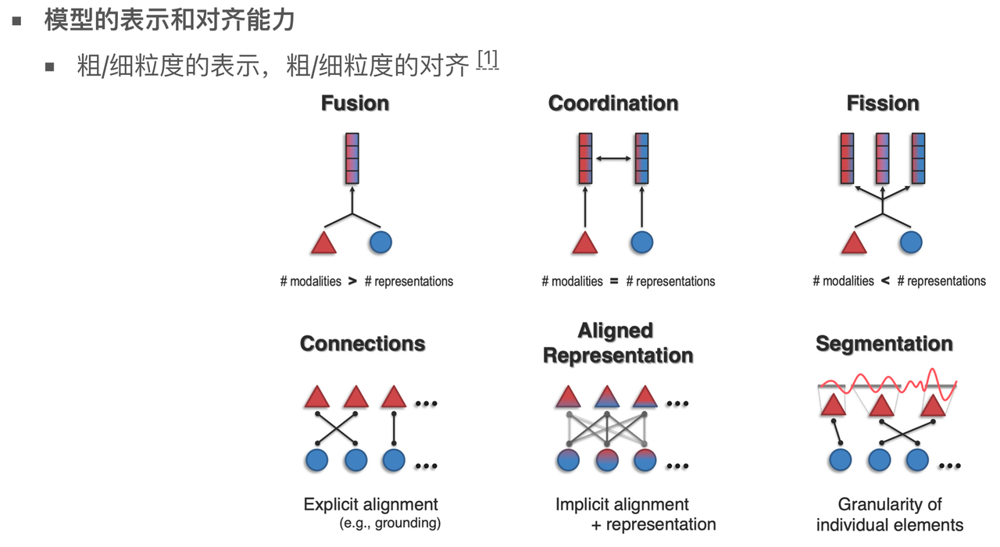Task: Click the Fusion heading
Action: click(x=355, y=103)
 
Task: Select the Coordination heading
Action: click(x=613, y=103)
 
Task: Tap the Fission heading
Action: click(x=883, y=103)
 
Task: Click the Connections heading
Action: click(x=362, y=344)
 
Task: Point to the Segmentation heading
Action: click(x=884, y=344)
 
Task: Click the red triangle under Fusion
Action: click(x=323, y=243)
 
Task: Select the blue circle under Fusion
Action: click(x=380, y=242)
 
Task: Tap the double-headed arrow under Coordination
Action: click(x=613, y=159)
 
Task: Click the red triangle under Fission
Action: click(x=854, y=243)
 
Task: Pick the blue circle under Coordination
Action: click(x=641, y=242)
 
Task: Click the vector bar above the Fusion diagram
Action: click(x=352, y=158)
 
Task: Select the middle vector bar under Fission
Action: click(x=883, y=158)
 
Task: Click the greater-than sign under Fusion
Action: click(x=352, y=281)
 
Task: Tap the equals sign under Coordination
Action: click(x=614, y=281)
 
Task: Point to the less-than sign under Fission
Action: click(x=885, y=281)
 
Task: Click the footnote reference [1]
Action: click(x=487, y=59)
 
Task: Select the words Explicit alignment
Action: click(x=371, y=505)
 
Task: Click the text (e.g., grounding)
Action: click(x=391, y=523)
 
